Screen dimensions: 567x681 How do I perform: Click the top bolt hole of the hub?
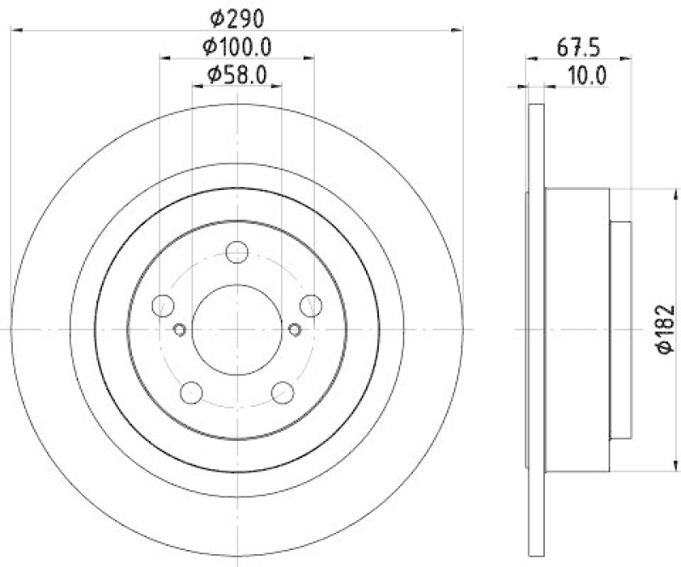[237, 252]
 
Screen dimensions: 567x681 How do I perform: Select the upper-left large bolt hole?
[162, 306]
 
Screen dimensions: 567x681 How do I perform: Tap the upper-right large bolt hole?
[312, 306]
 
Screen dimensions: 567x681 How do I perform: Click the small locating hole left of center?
[180, 330]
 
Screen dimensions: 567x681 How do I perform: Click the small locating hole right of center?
[295, 330]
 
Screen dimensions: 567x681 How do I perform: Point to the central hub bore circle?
[237, 329]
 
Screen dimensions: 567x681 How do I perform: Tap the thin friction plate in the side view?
[535, 329]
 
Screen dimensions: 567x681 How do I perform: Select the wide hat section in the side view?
[576, 329]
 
